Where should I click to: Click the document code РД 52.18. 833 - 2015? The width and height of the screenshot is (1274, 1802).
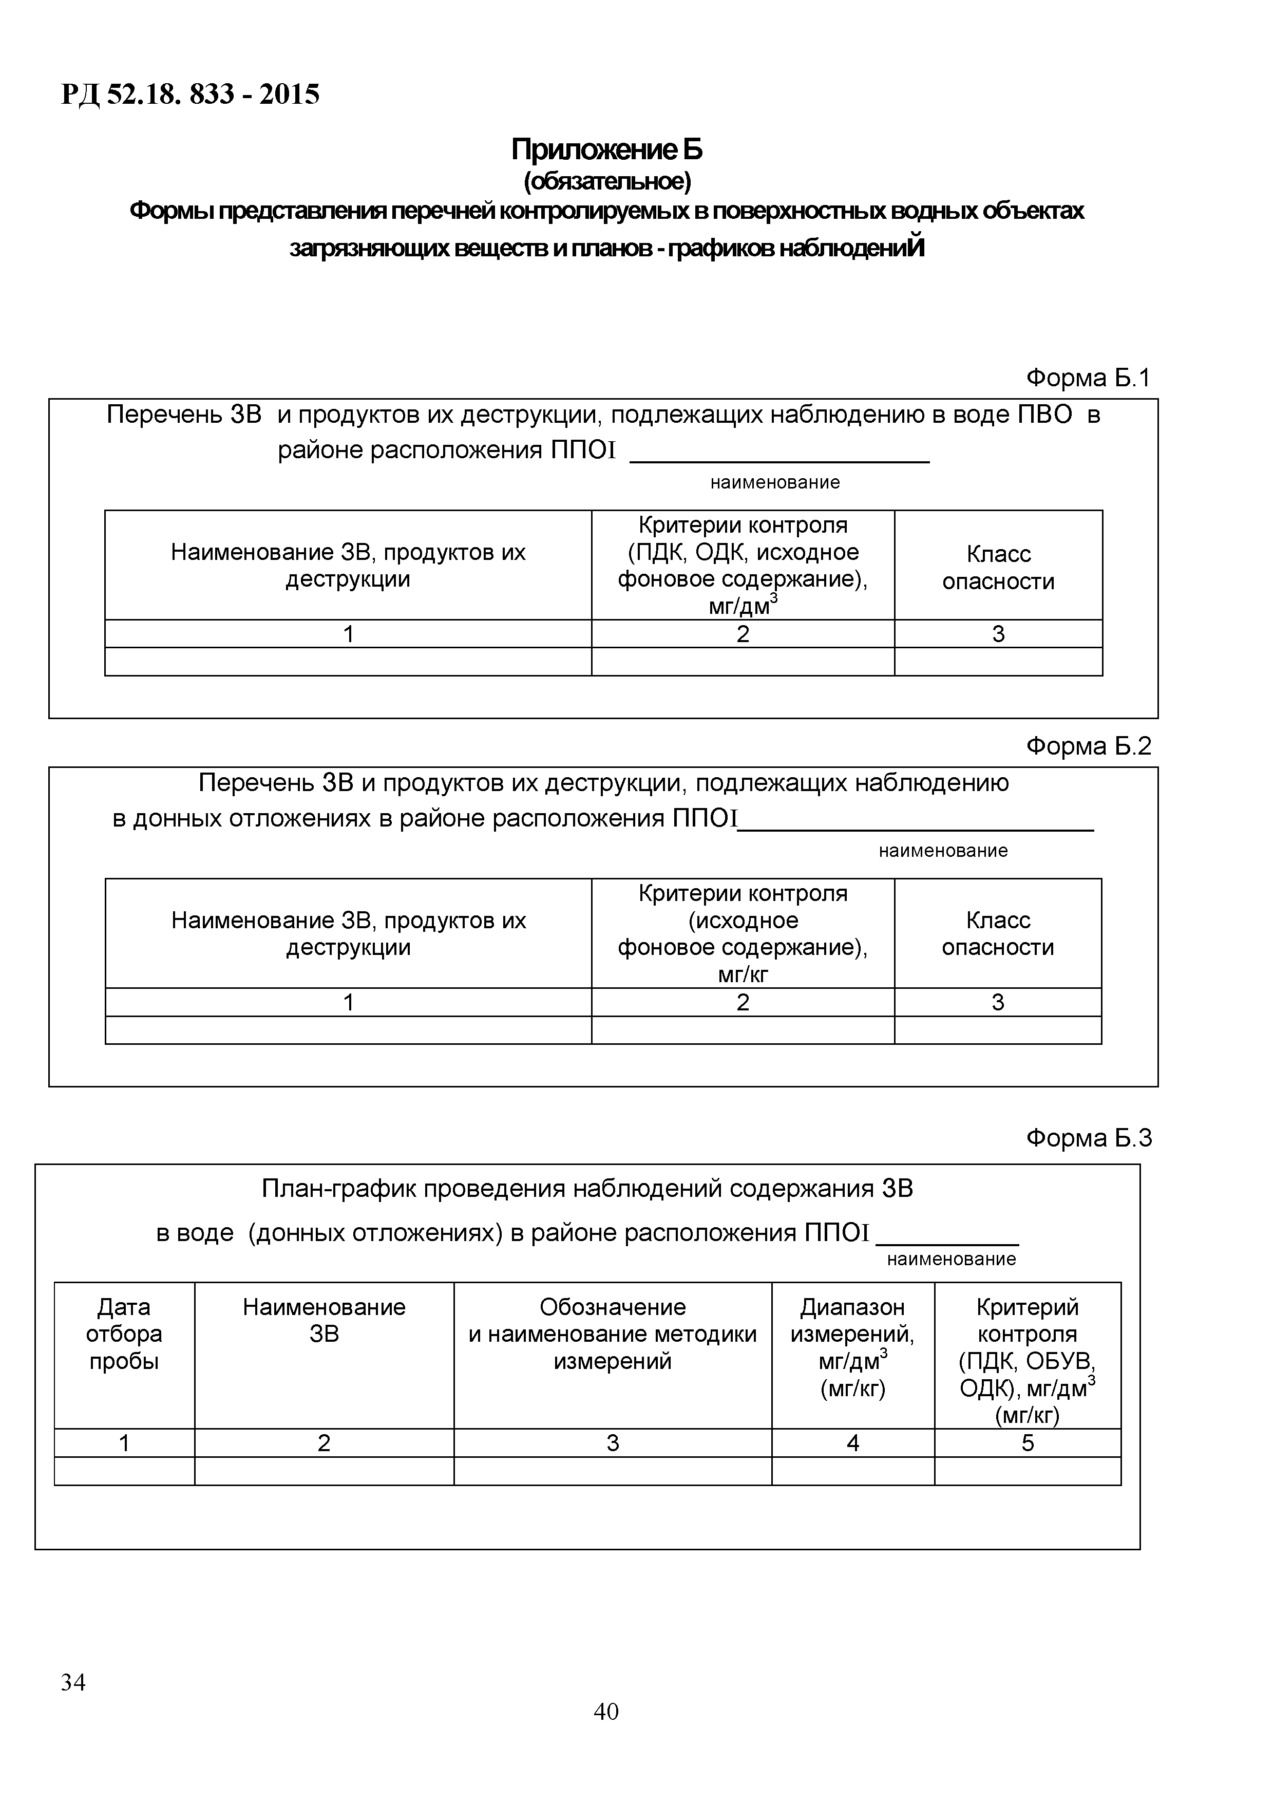point(191,95)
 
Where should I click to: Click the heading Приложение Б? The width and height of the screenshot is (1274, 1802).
point(606,148)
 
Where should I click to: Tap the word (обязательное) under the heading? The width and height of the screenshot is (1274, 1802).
point(607,181)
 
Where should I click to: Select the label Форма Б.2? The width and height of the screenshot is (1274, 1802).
point(1088,745)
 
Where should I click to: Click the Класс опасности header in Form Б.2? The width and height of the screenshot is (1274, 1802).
point(998,933)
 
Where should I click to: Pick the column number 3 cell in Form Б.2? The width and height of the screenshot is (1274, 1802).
point(998,1002)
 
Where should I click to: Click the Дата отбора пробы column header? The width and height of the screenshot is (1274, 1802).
point(124,1334)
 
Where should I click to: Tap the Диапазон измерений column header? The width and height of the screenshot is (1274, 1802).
point(853,1347)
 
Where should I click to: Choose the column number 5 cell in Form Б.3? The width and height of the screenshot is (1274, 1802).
point(1028,1442)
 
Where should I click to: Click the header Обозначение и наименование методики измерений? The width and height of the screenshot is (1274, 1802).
point(613,1334)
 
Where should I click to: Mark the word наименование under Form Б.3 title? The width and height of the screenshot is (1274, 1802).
point(951,1259)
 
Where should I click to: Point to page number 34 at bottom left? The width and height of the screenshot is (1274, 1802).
point(73,1682)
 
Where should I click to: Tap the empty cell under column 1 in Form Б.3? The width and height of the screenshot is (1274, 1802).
point(124,1471)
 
